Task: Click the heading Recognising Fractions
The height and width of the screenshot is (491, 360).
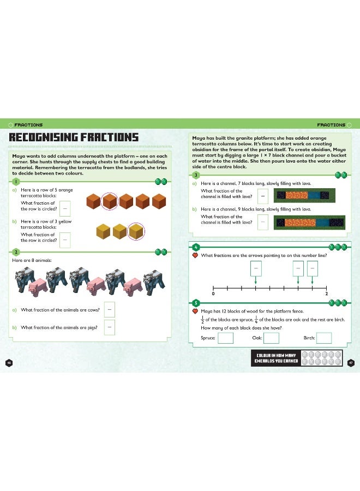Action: [74, 137]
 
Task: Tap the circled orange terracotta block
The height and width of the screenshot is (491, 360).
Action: [111, 202]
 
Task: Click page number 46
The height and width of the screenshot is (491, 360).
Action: [8, 363]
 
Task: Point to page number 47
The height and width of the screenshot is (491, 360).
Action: [351, 363]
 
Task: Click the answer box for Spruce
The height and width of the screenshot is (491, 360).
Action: [225, 338]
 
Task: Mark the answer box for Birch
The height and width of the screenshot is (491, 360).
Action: [324, 338]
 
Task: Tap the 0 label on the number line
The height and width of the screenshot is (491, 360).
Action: [213, 294]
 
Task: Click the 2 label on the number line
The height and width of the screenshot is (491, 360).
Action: [326, 294]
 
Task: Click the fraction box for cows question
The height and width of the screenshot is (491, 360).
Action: [110, 309]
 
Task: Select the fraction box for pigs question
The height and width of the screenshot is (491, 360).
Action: [110, 327]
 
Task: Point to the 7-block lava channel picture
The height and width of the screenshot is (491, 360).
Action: [305, 195]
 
